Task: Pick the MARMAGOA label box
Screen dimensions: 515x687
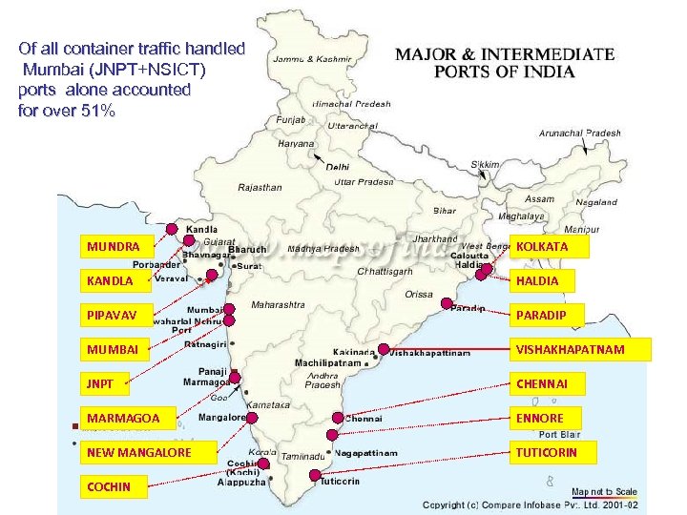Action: (x=133, y=418)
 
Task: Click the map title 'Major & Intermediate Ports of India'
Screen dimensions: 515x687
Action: (x=505, y=63)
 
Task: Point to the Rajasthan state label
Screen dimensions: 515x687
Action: (x=260, y=188)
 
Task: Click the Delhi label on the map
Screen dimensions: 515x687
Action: (x=338, y=167)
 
